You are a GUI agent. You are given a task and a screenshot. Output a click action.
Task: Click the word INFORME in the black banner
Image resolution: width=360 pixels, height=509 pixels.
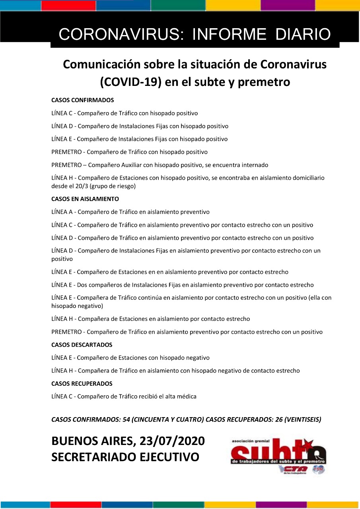229,35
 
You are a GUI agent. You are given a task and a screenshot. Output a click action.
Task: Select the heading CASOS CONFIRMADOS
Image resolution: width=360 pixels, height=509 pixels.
83,100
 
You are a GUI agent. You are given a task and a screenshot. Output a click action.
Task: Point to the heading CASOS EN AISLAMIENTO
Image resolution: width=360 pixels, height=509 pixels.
85,199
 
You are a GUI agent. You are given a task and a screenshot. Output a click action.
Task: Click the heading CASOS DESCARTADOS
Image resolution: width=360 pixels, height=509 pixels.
82,345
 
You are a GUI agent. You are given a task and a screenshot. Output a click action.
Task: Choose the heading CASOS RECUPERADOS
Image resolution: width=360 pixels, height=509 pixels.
82,384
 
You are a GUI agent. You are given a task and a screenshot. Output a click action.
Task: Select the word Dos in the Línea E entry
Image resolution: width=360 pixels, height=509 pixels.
82,285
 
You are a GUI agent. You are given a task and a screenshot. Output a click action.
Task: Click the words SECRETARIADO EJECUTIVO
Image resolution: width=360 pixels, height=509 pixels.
125,457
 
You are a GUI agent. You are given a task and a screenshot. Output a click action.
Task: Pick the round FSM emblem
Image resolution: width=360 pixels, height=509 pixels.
319,469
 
